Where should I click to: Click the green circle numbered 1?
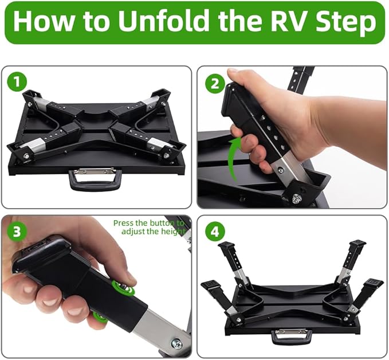(x=17, y=82)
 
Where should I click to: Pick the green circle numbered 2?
(x=215, y=83)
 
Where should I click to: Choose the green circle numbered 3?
(x=17, y=232)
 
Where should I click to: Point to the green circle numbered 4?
(x=215, y=232)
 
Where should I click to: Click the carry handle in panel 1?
(x=95, y=179)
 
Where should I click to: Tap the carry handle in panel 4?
(x=291, y=336)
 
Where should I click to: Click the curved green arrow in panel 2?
(x=234, y=159)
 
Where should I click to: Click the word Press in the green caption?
(x=124, y=223)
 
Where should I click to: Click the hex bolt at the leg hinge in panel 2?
(x=296, y=198)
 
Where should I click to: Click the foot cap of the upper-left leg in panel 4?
(x=226, y=245)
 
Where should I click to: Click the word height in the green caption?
(x=173, y=232)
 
